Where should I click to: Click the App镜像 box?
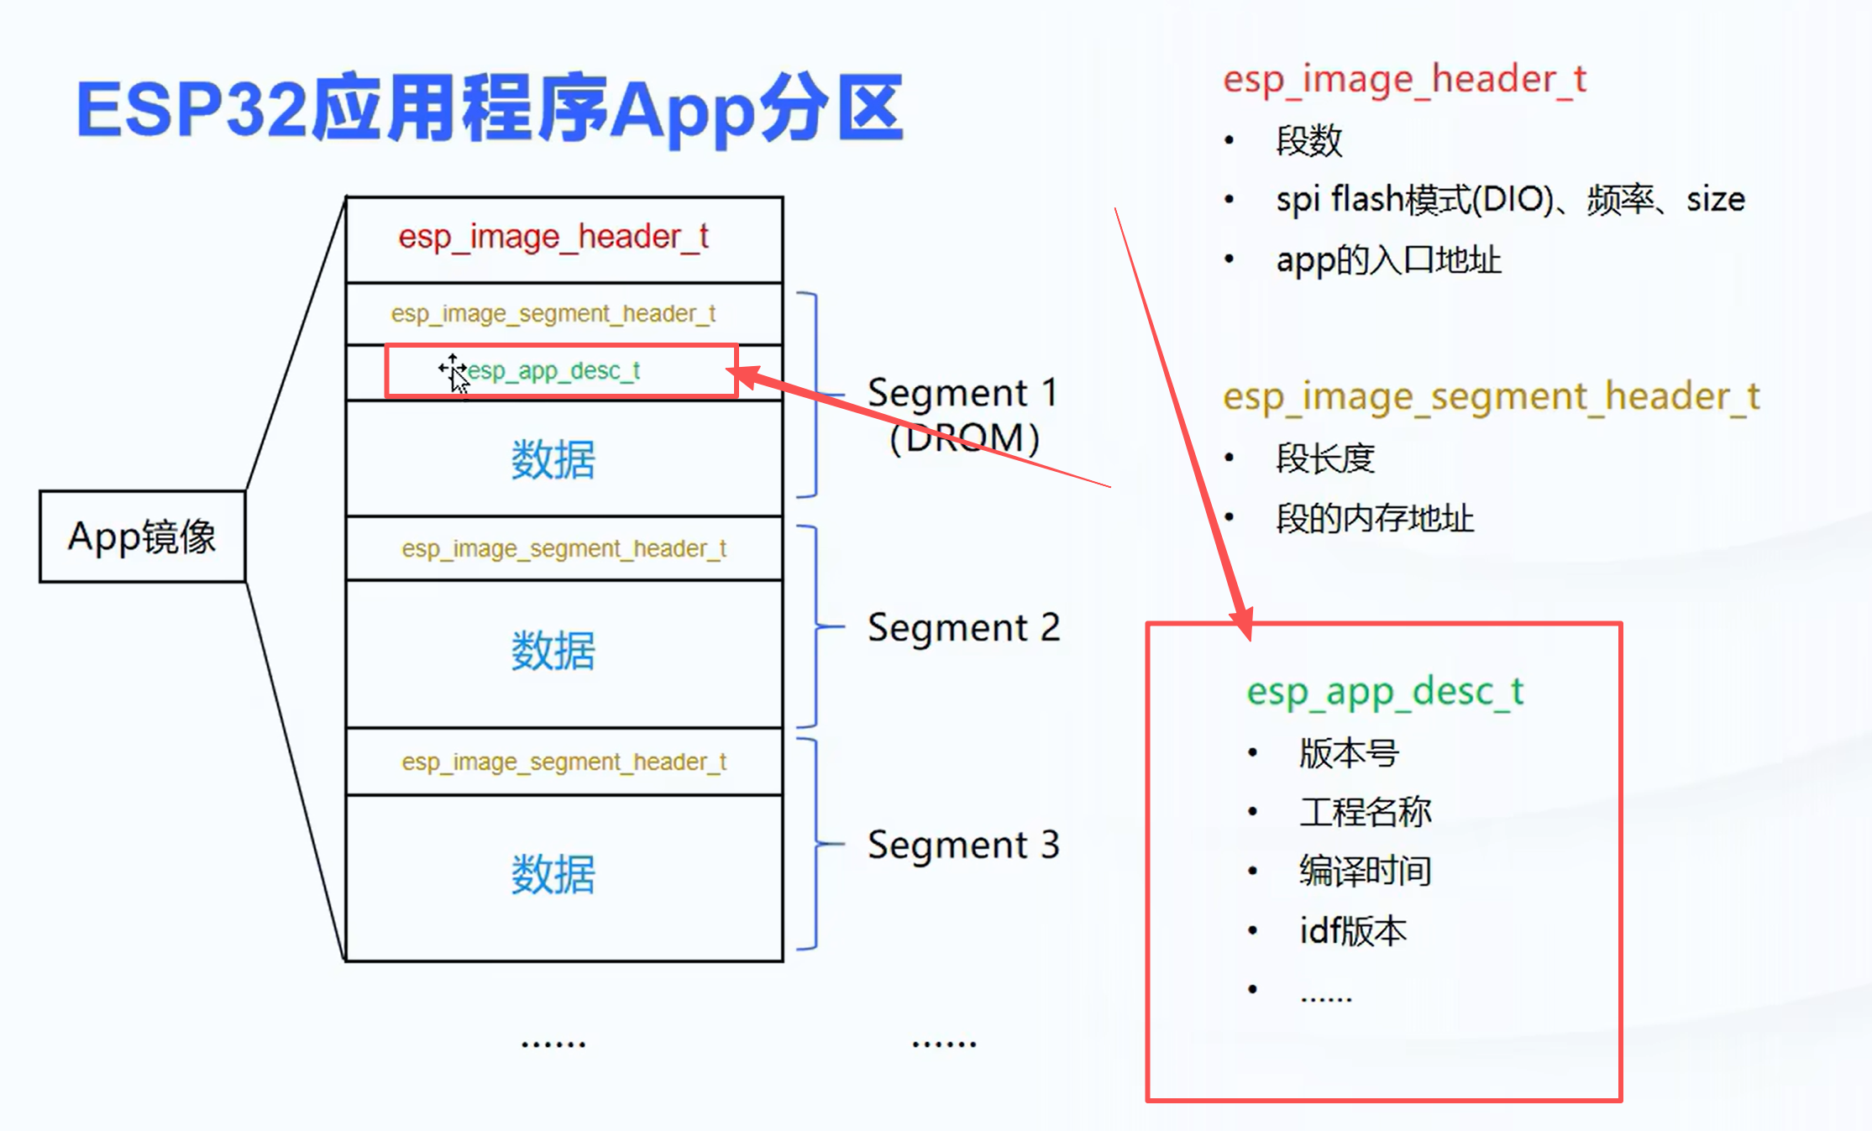142,537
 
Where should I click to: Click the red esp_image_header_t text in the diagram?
553,237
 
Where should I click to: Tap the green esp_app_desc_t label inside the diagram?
553,370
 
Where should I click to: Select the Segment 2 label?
963,627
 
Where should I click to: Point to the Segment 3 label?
963,845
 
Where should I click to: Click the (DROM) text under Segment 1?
964,437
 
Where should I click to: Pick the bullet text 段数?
1308,140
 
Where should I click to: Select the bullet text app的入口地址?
1388,260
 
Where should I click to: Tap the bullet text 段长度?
1324,458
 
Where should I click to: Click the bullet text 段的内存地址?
1375,518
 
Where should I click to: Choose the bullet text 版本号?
1348,753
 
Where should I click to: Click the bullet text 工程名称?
1365,812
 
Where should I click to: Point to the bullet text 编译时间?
1365,871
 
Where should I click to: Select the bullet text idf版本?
1352,930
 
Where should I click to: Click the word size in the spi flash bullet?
1715,200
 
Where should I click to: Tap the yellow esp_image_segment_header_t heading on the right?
1491,396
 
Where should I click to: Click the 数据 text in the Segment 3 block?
553,874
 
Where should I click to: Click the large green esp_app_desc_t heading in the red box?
1385,692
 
